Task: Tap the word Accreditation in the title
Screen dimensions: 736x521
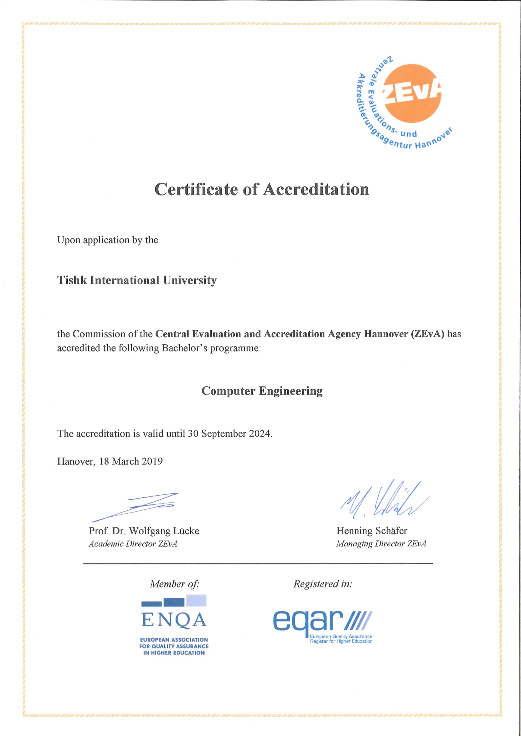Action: (316, 189)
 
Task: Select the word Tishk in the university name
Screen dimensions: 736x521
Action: (72, 280)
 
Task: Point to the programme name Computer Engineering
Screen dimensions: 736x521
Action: (262, 391)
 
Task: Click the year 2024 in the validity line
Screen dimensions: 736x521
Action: (260, 434)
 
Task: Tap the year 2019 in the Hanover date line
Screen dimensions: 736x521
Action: (152, 461)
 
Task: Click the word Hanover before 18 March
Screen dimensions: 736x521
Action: (76, 461)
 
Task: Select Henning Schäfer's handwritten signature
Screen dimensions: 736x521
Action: (383, 500)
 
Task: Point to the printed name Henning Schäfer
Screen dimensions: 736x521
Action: (371, 531)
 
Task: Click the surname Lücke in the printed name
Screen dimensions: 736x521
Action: (186, 531)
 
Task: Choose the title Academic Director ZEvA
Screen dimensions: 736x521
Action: (133, 544)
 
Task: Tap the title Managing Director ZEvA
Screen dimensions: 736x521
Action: (381, 544)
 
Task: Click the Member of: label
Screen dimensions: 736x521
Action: (175, 584)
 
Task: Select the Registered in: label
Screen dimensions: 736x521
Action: (323, 584)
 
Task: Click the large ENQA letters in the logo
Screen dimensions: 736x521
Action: (174, 620)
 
